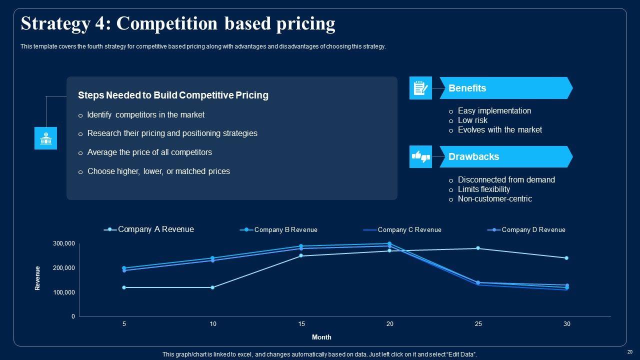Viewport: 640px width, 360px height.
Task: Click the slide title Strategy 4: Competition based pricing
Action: tap(178, 23)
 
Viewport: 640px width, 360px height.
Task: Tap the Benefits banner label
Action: tap(467, 88)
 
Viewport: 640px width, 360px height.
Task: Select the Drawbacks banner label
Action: tap(473, 156)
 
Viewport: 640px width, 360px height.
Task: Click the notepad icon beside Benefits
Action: tap(420, 88)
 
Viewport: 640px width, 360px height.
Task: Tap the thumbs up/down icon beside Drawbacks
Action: tap(420, 156)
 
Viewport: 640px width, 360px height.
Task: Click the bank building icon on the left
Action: tap(45, 138)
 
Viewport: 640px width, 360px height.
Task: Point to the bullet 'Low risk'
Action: tap(472, 120)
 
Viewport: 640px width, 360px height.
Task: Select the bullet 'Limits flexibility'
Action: tap(483, 189)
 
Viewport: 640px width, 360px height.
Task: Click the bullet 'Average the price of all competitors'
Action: tap(149, 152)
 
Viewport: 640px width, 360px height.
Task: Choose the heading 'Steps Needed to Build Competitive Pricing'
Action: tap(173, 95)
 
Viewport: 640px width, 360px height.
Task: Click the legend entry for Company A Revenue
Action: tap(155, 229)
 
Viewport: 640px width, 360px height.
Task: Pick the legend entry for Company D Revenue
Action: tap(533, 230)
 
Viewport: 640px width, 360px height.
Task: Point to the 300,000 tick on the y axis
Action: tap(63, 243)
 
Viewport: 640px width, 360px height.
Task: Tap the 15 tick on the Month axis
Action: tap(301, 324)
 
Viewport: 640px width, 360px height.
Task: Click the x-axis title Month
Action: tap(321, 337)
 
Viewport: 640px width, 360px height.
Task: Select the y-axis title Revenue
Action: tap(37, 278)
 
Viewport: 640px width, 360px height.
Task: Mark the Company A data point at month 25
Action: tap(478, 248)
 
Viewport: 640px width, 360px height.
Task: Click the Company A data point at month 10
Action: tap(212, 287)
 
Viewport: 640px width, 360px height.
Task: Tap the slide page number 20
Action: tap(629, 351)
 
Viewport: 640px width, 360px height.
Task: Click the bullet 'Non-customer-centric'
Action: tap(494, 198)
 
